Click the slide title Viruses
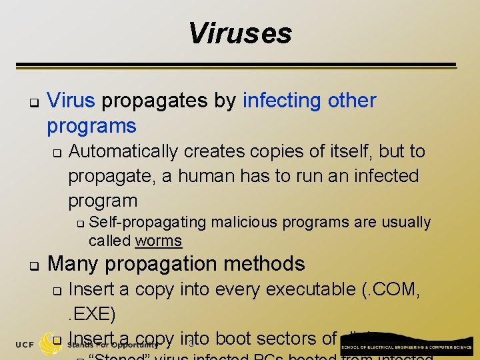(240, 33)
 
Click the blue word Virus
(72, 101)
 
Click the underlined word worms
(159, 241)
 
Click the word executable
(310, 289)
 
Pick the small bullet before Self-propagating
(79, 223)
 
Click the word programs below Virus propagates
(91, 126)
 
